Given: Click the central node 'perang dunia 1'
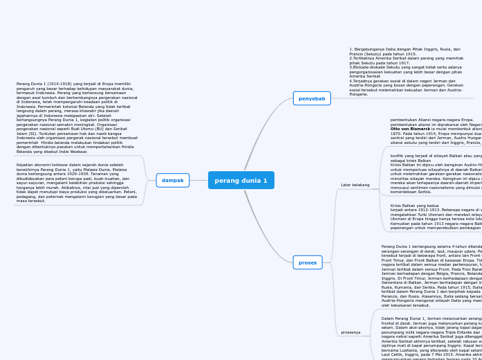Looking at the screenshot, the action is pos(241,180).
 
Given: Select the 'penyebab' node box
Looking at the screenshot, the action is pos(312,98).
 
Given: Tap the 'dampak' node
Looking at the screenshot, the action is pos(172,180).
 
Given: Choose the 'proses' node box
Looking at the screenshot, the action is pos(307,262).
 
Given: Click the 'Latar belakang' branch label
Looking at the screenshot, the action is pos(355,185).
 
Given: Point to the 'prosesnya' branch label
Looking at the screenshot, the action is pos(350,332).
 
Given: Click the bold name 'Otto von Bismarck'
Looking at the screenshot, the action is pos(410,129).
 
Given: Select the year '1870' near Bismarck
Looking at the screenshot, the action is pos(396,133).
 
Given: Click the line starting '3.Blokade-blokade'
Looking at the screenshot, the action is pos(405,67).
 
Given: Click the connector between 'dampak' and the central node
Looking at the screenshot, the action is pos(199,180).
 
